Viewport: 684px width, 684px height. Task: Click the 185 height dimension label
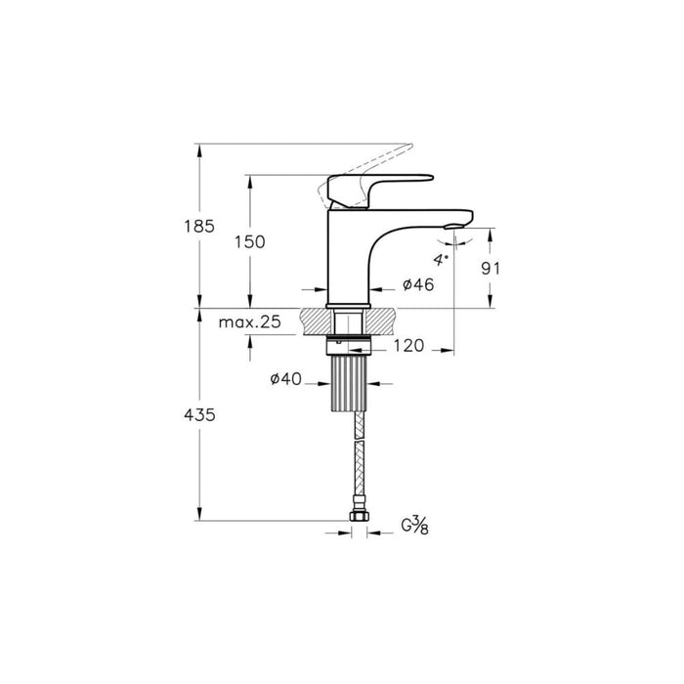(x=198, y=227)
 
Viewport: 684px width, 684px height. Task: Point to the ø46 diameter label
(x=417, y=284)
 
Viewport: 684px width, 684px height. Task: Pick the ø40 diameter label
(x=284, y=378)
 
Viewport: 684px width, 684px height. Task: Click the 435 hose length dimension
(x=198, y=414)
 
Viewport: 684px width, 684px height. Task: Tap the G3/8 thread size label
(x=416, y=526)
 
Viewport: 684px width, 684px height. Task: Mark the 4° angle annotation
(x=441, y=260)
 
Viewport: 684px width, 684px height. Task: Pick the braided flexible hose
(x=357, y=459)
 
